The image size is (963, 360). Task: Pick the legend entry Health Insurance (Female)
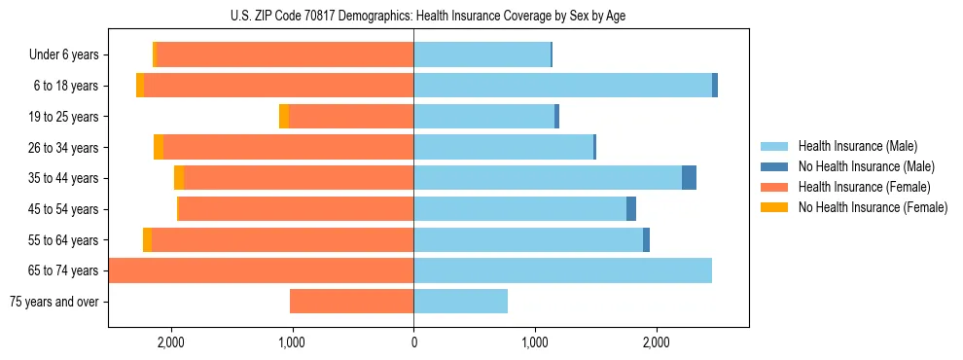[864, 187]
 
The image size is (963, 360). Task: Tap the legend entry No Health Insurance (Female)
[873, 207]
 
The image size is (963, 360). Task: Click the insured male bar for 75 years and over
[460, 302]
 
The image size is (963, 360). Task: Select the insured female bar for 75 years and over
[351, 302]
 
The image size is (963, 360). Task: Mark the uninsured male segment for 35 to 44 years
[689, 178]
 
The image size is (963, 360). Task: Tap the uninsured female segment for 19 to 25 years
[284, 117]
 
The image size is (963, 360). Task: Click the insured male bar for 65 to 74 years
[562, 270]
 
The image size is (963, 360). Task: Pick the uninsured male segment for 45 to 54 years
[631, 209]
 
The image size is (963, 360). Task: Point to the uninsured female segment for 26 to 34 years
[159, 148]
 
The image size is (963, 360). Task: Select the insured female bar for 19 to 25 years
[351, 117]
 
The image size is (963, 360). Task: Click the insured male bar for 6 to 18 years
[562, 86]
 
